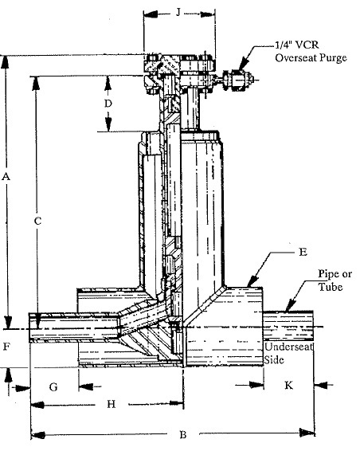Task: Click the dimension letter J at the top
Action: [x=178, y=13]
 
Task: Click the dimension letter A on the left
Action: [x=6, y=176]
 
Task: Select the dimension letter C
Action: [x=38, y=221]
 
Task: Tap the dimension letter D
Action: [x=108, y=104]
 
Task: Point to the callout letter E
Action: [x=303, y=252]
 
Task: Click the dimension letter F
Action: [x=6, y=347]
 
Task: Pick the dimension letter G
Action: [x=53, y=387]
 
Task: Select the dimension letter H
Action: [x=112, y=404]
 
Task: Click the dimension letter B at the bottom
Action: [x=183, y=434]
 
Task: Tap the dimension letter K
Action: [x=288, y=385]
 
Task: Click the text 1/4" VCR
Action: [x=297, y=45]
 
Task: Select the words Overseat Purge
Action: [x=311, y=58]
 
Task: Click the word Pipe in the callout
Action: [x=329, y=274]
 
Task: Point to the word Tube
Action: [x=331, y=287]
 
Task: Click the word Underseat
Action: [x=288, y=347]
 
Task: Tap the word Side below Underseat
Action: [x=274, y=359]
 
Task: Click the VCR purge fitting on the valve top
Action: [x=237, y=80]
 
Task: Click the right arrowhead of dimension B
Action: [x=307, y=433]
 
